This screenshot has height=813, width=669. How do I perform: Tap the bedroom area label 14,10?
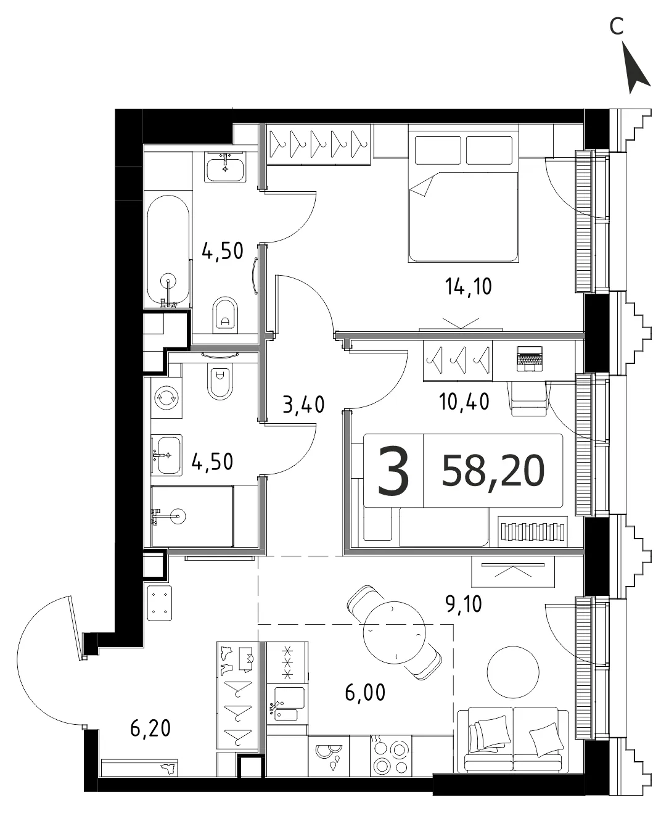point(468,287)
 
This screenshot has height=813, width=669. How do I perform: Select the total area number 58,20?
point(493,471)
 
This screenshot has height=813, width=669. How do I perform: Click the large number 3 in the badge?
point(393,471)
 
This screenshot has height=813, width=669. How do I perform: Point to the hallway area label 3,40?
point(303,405)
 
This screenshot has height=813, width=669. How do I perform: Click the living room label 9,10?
point(464,604)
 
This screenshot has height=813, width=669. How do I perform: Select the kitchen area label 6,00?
point(365,693)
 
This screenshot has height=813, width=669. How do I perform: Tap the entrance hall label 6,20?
point(150,729)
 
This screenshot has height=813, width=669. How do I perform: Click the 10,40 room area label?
point(464,402)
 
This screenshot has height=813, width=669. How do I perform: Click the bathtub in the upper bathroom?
point(168,251)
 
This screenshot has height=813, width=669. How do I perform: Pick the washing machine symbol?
point(166,397)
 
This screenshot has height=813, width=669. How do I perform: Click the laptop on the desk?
point(530,359)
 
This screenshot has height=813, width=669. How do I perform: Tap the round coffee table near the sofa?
point(513,672)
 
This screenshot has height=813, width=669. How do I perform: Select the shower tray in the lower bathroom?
point(192,516)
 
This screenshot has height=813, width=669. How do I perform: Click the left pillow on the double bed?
point(438,151)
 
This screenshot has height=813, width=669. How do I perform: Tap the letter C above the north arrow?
point(617,26)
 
